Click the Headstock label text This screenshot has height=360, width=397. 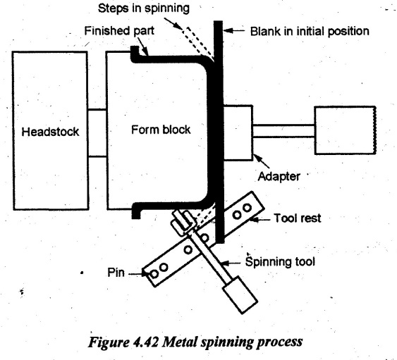click(50, 132)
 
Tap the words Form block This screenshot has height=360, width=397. click(161, 130)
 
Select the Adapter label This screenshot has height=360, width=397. click(279, 176)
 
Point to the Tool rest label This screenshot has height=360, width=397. click(298, 218)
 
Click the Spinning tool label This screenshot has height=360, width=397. click(280, 261)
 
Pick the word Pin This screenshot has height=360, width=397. click(116, 273)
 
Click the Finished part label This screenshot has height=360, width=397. click(119, 31)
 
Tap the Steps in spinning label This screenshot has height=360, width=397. click(144, 8)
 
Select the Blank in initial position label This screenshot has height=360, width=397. click(310, 32)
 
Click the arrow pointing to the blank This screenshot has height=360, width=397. click(234, 30)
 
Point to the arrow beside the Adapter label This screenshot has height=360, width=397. click(262, 161)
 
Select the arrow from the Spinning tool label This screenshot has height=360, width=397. click(231, 263)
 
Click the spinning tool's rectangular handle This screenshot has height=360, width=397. click(240, 294)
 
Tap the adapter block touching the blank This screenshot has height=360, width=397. click(238, 133)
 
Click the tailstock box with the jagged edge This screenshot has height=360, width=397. click(346, 130)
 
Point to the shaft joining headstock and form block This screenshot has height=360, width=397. click(97, 133)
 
